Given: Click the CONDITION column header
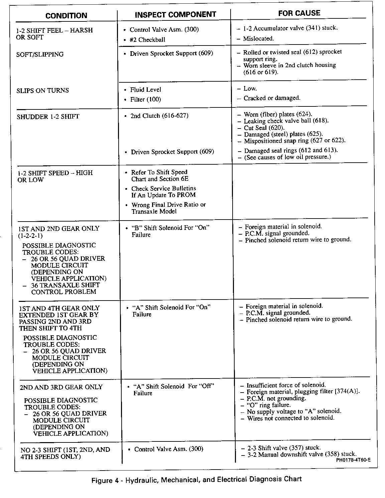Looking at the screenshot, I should (x=66, y=16).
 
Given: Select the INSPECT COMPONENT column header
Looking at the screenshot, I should (x=175, y=14).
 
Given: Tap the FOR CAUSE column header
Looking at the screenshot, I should (x=299, y=13).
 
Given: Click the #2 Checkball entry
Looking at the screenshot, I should (x=147, y=40).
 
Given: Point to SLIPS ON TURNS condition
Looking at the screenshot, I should (x=42, y=90).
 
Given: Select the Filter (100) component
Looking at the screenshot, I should (x=145, y=99).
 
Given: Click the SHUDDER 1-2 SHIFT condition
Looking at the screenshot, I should (x=48, y=117).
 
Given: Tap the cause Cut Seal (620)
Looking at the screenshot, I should (x=264, y=128).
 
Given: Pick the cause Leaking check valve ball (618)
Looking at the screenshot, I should (x=286, y=121).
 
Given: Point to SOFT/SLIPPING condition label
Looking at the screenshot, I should (x=39, y=54).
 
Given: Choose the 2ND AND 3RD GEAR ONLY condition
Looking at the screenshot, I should (x=61, y=387).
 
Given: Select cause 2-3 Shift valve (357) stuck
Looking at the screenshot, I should (x=284, y=448).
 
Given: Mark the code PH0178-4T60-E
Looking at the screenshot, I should (x=353, y=460).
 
